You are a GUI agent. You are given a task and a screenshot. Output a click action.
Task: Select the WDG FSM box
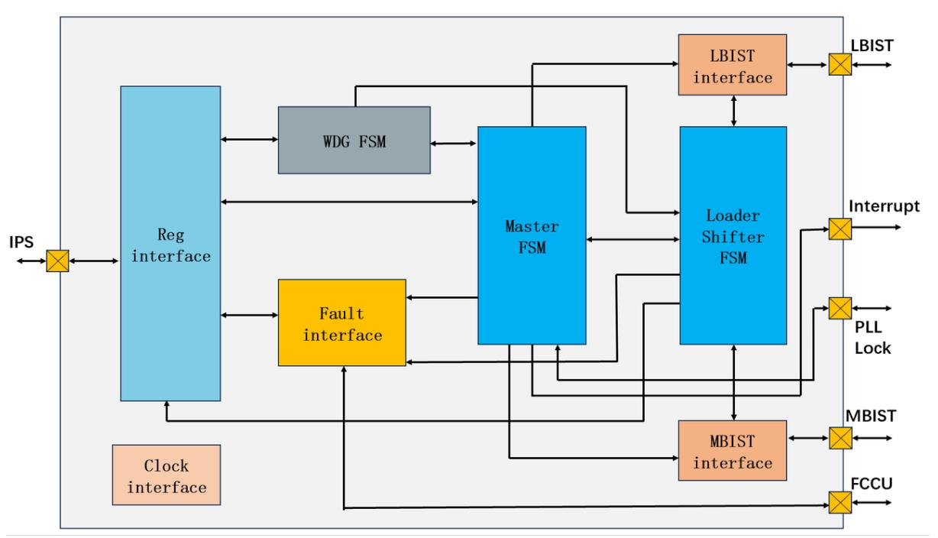(x=354, y=140)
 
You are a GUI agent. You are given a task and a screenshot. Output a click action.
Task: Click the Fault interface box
(x=341, y=322)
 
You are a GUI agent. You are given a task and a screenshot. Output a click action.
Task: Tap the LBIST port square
(x=840, y=65)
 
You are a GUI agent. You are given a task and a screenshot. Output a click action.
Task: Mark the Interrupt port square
(x=840, y=228)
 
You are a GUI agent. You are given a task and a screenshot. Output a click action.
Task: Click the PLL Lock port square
(x=840, y=309)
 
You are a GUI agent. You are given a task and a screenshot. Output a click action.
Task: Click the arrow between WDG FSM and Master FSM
(x=454, y=143)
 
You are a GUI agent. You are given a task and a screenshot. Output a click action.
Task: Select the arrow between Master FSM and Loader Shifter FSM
(x=632, y=239)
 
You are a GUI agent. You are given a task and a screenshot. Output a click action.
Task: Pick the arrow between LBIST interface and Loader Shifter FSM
(x=734, y=111)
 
